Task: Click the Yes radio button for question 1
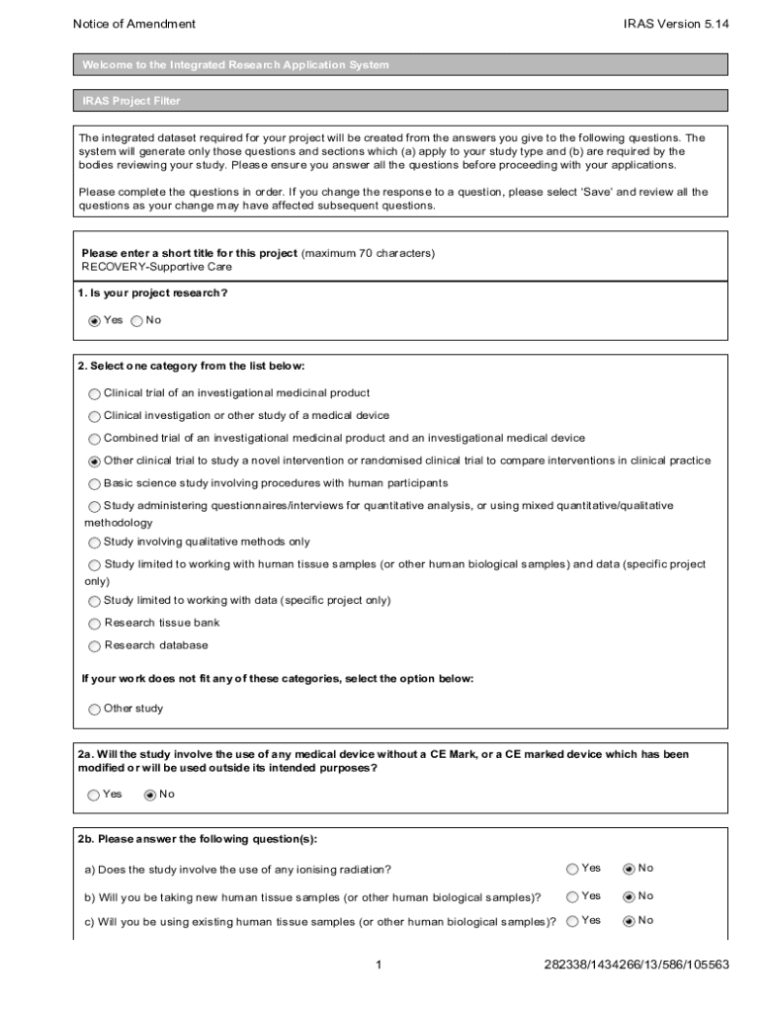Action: click(x=95, y=320)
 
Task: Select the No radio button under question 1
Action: click(x=136, y=320)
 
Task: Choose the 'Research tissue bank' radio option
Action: click(x=95, y=624)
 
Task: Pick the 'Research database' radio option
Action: click(x=95, y=646)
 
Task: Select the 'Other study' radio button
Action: click(x=95, y=709)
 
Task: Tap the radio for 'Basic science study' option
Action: click(x=95, y=483)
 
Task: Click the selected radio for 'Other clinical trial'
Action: click(x=95, y=461)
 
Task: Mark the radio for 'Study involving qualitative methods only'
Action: click(x=95, y=542)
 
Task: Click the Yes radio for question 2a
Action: click(x=94, y=795)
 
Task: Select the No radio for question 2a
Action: click(x=150, y=795)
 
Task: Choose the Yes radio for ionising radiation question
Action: click(x=572, y=869)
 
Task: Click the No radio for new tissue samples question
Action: click(x=629, y=896)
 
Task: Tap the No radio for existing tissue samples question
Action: click(x=629, y=921)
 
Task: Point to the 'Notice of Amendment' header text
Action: click(x=134, y=24)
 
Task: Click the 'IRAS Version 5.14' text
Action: click(x=676, y=24)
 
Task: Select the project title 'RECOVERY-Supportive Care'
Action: click(x=157, y=267)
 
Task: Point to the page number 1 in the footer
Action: click(x=380, y=965)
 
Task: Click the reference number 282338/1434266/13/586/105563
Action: click(x=636, y=965)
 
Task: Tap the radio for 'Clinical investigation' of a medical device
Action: click(x=95, y=416)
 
